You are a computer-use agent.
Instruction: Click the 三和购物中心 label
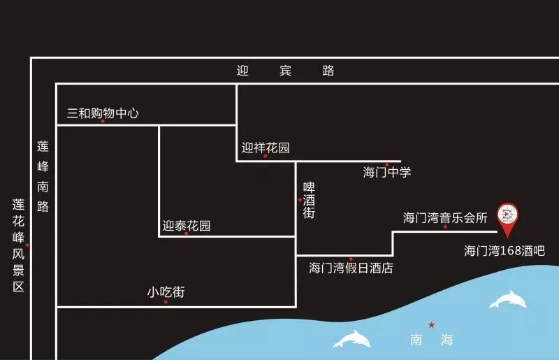103,113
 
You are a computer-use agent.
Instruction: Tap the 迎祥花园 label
266,147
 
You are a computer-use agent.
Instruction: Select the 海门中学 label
387,173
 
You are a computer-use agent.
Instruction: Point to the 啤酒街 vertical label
309,200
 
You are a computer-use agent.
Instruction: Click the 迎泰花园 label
187,226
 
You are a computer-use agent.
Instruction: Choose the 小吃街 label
166,293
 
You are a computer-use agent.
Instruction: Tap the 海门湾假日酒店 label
351,268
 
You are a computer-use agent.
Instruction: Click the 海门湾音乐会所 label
445,217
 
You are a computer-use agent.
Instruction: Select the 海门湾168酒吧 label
504,250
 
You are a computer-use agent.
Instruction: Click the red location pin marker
508,217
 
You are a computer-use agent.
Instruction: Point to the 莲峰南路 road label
43,177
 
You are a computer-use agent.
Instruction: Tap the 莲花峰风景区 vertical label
18,245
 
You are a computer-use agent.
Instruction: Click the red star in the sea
432,325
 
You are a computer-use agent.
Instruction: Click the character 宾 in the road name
285,71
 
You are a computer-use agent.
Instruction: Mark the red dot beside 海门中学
387,164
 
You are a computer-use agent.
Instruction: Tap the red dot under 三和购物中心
103,122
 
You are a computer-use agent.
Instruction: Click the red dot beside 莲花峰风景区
28,245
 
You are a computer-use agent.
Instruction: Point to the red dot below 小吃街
166,302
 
